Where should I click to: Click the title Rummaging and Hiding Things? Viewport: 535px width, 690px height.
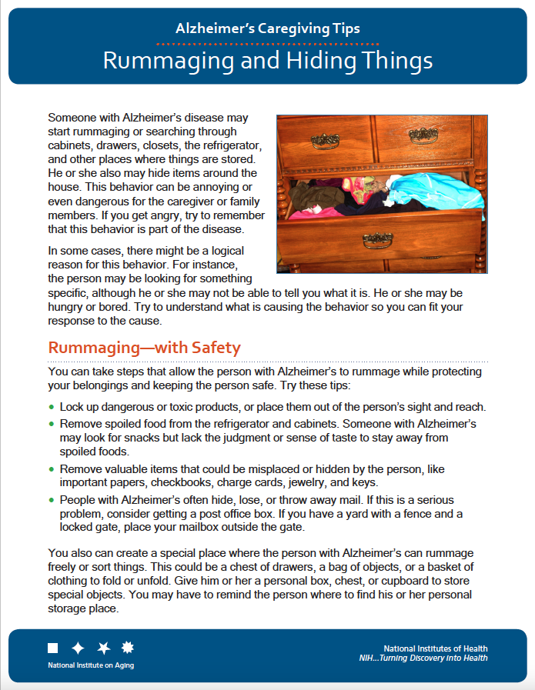(267, 61)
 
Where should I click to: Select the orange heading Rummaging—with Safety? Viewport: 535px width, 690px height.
(145, 348)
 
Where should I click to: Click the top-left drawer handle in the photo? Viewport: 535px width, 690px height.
(324, 141)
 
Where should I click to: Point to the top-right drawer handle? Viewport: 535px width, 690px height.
(423, 136)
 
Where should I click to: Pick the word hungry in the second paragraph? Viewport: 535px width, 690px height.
(66, 306)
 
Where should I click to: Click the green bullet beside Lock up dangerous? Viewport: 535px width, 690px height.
(52, 407)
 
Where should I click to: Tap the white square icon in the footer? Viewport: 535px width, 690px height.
(53, 648)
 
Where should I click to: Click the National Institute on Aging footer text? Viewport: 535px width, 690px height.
(91, 665)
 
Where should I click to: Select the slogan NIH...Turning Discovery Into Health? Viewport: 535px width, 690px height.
(423, 658)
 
